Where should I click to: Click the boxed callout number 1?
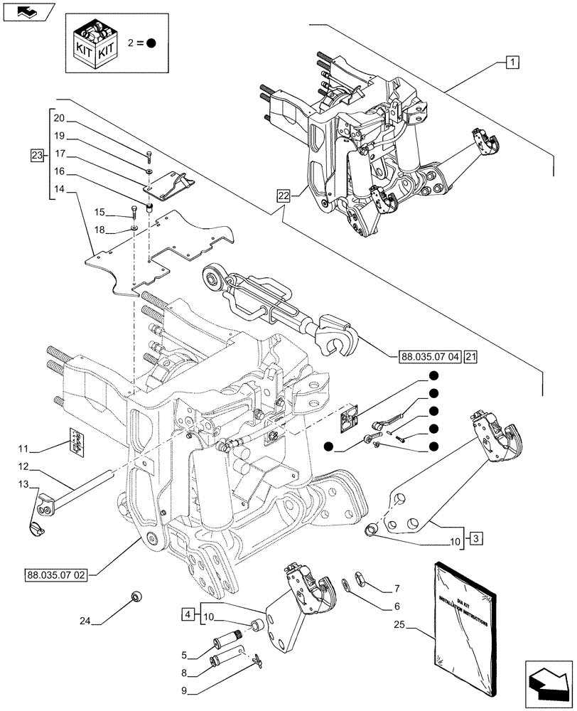click(512, 62)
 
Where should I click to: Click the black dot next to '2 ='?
click(151, 43)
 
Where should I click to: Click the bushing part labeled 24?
click(135, 596)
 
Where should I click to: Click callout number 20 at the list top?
click(58, 118)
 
